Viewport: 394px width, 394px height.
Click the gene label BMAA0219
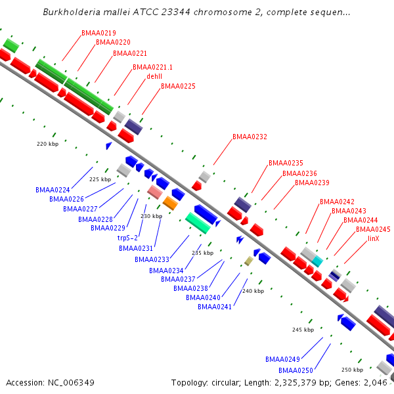98,33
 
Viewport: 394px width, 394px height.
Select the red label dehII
154,76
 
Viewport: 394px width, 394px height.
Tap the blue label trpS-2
127,238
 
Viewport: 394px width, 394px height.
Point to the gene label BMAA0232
250,137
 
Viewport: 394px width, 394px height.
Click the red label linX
374,238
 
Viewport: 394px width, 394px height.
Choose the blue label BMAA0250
295,370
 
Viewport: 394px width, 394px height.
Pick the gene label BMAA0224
53,190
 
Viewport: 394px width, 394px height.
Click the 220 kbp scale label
48,144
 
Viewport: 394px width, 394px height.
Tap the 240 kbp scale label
253,291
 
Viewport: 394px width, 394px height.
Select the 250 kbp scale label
352,370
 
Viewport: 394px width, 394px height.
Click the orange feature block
170,203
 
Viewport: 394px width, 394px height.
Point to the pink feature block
155,192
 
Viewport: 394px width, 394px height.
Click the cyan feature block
317,261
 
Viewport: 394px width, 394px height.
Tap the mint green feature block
198,223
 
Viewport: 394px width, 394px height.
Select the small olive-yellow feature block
249,261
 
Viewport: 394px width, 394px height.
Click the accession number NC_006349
71,383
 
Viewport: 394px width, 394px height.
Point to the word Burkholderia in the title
72,12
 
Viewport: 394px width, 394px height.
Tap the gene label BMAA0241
215,307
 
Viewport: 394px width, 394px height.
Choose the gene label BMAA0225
178,86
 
